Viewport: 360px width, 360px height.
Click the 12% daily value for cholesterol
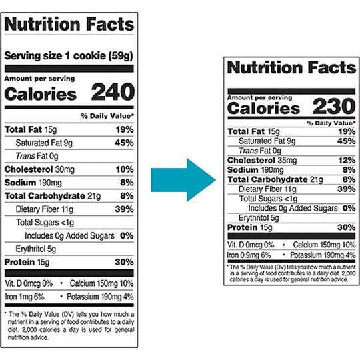(x=347, y=160)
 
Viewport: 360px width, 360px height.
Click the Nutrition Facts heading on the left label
(x=69, y=25)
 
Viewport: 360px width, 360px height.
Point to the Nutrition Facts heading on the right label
(x=291, y=68)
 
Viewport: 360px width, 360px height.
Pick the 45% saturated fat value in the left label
(x=124, y=142)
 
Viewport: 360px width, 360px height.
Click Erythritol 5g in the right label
(x=254, y=217)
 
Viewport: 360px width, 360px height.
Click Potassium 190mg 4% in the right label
(x=325, y=254)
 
